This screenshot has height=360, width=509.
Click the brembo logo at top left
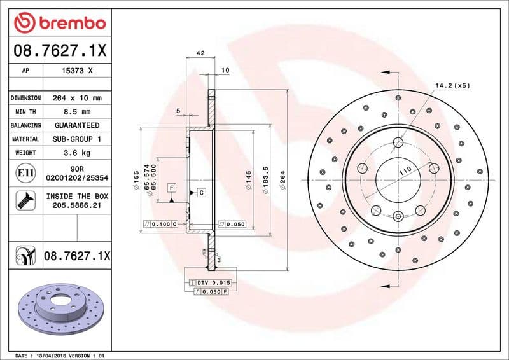click(59, 24)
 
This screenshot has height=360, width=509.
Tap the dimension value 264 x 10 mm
click(78, 98)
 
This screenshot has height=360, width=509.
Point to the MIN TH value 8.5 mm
click(78, 112)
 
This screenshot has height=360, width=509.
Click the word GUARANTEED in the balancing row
click(78, 125)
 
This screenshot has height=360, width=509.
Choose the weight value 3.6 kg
click(78, 153)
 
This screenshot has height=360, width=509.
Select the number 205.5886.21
click(77, 205)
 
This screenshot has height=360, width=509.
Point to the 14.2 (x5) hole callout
click(452, 85)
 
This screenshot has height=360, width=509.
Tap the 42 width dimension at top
click(200, 53)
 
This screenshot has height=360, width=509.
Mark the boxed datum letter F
click(172, 188)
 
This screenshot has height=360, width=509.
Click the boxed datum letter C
click(201, 192)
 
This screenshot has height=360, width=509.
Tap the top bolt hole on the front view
click(398, 142)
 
